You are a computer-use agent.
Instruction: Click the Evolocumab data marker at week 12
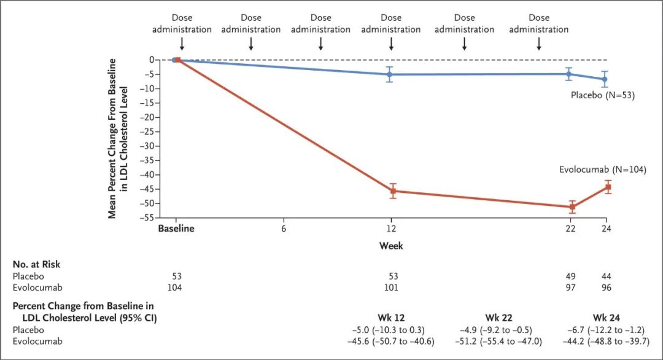[392, 191]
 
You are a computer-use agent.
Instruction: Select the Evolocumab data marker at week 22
[572, 207]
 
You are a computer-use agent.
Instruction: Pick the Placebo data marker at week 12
[389, 74]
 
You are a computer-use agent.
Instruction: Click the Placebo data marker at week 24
[605, 79]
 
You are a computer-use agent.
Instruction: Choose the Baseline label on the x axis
[176, 229]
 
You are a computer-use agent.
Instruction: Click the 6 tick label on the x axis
[284, 229]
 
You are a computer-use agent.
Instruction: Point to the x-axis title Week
[390, 246]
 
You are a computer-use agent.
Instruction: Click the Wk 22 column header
[498, 318]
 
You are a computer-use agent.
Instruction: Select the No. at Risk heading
[36, 264]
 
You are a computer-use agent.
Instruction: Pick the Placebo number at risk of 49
[572, 276]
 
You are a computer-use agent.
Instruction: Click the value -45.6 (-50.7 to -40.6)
[390, 341]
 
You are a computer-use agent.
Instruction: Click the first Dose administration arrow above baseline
[182, 44]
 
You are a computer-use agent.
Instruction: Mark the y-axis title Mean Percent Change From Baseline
[112, 138]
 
